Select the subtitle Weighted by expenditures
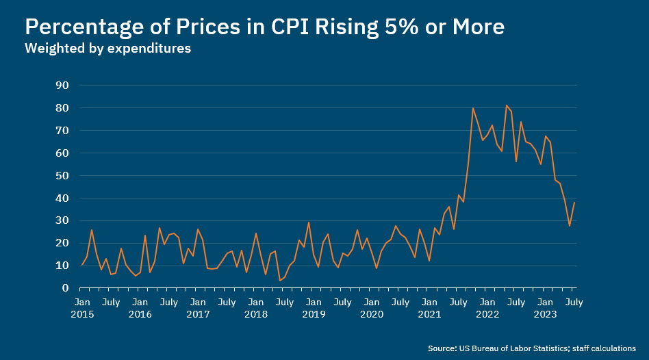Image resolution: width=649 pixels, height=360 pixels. [x=107, y=49]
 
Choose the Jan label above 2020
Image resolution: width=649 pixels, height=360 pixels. [x=372, y=302]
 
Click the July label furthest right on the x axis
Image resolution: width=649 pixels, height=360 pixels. [x=574, y=302]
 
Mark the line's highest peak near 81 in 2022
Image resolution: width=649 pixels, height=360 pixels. [x=506, y=105]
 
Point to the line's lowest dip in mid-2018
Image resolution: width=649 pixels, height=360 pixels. [x=280, y=280]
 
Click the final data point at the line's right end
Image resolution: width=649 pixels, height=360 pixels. [x=574, y=203]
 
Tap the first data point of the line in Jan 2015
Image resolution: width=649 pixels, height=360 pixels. [x=82, y=265]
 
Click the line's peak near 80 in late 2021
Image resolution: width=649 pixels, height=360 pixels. [x=472, y=108]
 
